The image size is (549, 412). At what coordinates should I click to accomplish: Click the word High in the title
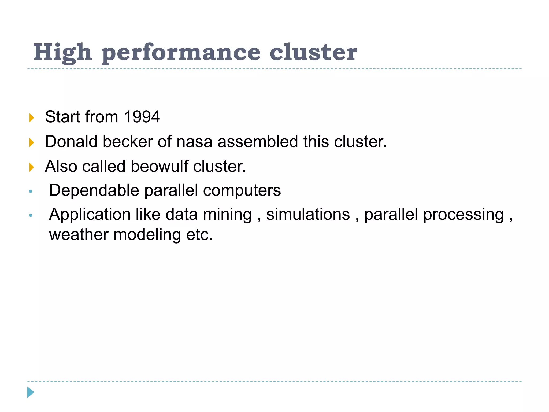point(63,53)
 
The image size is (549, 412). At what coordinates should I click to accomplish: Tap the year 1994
point(142,117)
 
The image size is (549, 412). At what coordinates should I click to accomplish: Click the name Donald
point(71,141)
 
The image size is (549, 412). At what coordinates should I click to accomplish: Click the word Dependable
point(94,190)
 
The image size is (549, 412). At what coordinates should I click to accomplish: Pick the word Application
point(90,215)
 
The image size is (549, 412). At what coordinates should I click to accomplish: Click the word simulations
point(308,215)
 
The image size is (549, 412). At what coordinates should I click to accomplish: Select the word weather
point(79,235)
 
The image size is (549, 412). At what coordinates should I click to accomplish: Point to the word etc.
point(199,235)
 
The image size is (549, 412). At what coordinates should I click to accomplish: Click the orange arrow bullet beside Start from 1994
point(32,118)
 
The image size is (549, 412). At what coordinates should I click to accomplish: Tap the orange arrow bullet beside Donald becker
point(32,142)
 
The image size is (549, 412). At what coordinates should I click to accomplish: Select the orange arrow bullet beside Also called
point(32,167)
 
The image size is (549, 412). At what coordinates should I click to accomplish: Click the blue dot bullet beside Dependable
point(31,191)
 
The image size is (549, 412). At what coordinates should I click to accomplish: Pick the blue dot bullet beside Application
point(31,215)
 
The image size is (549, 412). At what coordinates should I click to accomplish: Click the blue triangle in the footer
point(31,392)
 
